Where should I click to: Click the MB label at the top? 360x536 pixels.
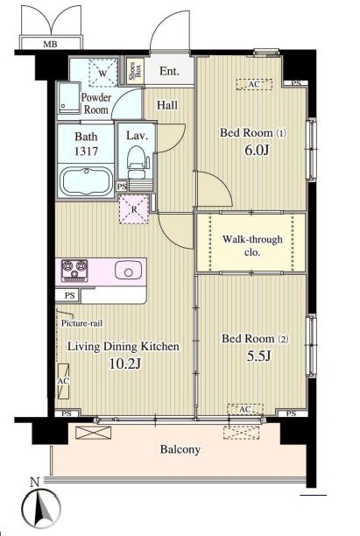(x=50, y=44)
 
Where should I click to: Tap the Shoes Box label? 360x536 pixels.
(x=135, y=72)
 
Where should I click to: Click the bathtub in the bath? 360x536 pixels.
(x=86, y=181)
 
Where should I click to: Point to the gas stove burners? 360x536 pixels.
(x=74, y=271)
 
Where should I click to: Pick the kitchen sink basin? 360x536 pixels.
(x=128, y=271)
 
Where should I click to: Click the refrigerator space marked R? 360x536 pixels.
(x=134, y=209)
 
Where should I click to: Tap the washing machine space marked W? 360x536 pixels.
(x=103, y=73)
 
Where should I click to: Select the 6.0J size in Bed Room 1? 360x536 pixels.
(x=258, y=150)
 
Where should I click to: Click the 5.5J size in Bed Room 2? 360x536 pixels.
(x=258, y=356)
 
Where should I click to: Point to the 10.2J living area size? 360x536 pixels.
(x=124, y=363)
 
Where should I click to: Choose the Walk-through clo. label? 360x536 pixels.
(x=252, y=245)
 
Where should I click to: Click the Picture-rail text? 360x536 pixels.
(x=81, y=323)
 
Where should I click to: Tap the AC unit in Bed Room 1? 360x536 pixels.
(x=254, y=84)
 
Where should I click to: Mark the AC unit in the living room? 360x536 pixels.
(x=63, y=381)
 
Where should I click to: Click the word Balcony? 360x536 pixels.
(x=180, y=449)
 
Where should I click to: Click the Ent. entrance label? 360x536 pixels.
(x=170, y=71)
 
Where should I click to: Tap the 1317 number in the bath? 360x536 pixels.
(x=86, y=151)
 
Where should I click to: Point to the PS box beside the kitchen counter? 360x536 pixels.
(x=68, y=296)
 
